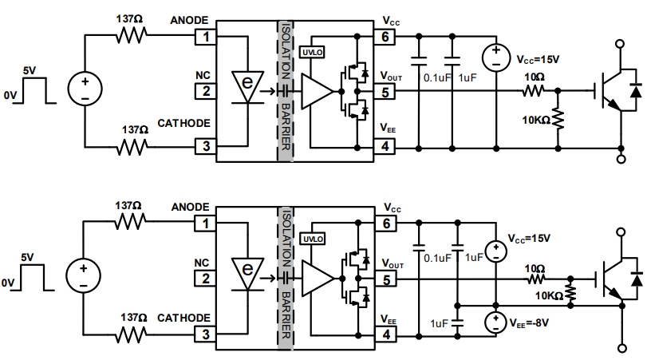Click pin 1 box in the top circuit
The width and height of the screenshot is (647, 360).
(206, 37)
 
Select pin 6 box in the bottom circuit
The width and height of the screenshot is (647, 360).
(386, 224)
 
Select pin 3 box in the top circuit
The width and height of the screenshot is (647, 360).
(206, 145)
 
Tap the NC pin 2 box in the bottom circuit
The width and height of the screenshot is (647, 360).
(206, 279)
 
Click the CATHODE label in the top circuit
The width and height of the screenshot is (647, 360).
(183, 125)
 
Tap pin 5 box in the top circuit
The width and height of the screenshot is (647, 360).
(386, 92)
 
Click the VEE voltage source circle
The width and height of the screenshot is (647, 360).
(495, 325)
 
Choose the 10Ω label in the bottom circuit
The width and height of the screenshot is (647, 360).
(535, 270)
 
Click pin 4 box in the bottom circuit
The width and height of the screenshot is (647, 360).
(386, 334)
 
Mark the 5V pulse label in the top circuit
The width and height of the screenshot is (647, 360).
(30, 71)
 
